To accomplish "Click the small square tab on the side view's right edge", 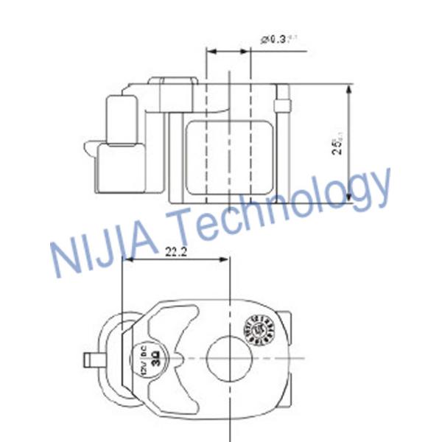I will pyautogui.click(x=280, y=104).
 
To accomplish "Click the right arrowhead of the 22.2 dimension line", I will pyautogui.click(x=228, y=260).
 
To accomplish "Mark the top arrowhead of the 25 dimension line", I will pyautogui.click(x=348, y=87).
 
